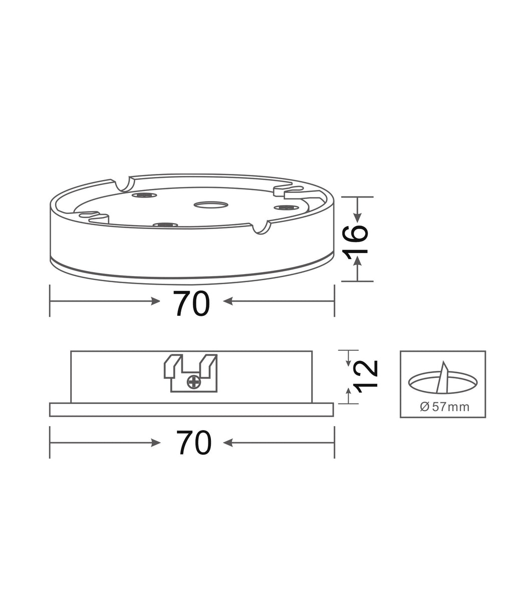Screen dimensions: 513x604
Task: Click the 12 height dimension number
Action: (366, 376)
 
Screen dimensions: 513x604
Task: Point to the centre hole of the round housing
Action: (210, 205)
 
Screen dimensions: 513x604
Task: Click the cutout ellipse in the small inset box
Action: (443, 382)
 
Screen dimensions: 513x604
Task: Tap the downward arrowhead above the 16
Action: (358, 218)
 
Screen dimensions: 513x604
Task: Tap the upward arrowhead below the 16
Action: (358, 261)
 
